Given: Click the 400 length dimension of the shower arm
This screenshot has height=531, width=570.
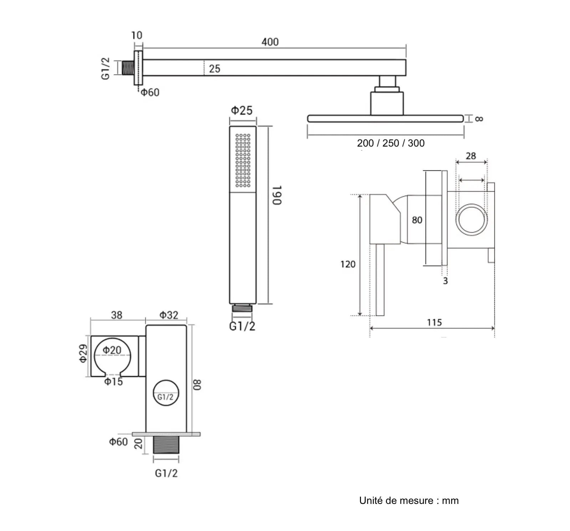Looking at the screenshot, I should (x=270, y=42).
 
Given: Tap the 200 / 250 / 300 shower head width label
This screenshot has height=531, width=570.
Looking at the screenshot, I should (x=391, y=143).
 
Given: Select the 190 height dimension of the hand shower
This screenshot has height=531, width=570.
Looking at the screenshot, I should (x=277, y=195).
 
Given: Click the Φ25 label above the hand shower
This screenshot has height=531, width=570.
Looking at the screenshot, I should (x=241, y=110).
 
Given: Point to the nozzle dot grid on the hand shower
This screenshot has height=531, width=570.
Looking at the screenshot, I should (x=243, y=160).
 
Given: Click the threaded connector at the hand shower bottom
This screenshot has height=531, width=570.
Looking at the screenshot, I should (x=242, y=309).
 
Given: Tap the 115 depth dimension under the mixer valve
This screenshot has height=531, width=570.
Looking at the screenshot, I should (x=434, y=323).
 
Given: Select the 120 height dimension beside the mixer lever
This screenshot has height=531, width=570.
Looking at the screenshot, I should (x=348, y=264).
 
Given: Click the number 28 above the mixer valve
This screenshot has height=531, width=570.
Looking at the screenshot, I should (x=471, y=156).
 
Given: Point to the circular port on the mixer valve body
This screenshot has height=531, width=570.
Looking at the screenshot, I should (x=472, y=220).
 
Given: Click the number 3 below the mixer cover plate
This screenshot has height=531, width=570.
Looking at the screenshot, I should (x=445, y=281).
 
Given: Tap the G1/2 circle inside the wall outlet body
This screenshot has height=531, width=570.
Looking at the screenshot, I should (x=166, y=393).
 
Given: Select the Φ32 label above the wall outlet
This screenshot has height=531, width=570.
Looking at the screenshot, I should (x=168, y=315).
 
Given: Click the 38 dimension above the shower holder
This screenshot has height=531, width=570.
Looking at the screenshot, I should (x=117, y=315).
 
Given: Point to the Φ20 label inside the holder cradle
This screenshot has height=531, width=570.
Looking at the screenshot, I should (x=112, y=350).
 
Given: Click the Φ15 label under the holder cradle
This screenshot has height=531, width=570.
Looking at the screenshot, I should (x=113, y=382).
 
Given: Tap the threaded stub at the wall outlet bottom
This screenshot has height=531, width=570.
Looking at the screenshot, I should (x=166, y=445).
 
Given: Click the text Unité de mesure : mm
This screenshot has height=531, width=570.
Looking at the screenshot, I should (x=409, y=500).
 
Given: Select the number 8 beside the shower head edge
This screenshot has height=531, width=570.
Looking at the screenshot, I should (x=479, y=119).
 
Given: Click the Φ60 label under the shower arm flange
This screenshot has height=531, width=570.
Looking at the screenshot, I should (x=150, y=93).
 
